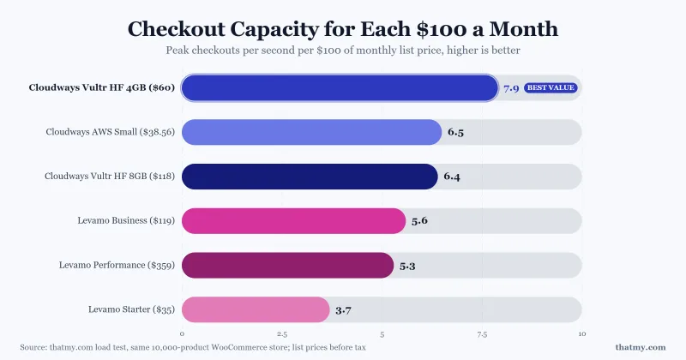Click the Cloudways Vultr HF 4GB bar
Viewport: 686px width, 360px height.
(340, 88)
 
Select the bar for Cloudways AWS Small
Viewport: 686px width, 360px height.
(311, 132)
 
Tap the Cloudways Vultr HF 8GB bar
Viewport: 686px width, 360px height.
(310, 177)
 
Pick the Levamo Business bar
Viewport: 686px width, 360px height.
(293, 221)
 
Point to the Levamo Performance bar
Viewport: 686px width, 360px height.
(287, 266)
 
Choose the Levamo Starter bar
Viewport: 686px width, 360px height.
(256, 309)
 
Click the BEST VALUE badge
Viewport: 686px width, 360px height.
(551, 88)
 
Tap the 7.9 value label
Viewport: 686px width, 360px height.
(511, 88)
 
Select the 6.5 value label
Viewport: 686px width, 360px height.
(455, 133)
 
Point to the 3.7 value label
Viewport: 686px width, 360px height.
(344, 310)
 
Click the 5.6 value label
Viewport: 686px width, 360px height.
(419, 221)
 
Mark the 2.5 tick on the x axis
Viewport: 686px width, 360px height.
(282, 334)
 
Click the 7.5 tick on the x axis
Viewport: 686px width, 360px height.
(482, 334)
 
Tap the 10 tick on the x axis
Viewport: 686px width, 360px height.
(582, 334)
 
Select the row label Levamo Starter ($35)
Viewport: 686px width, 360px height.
(132, 309)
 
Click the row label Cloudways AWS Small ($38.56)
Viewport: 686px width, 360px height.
(111, 132)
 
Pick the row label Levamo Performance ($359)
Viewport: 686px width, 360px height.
(117, 266)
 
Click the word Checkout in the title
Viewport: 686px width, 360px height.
(176, 29)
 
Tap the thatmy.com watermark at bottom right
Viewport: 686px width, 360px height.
(641, 347)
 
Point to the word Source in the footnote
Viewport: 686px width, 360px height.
(33, 347)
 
